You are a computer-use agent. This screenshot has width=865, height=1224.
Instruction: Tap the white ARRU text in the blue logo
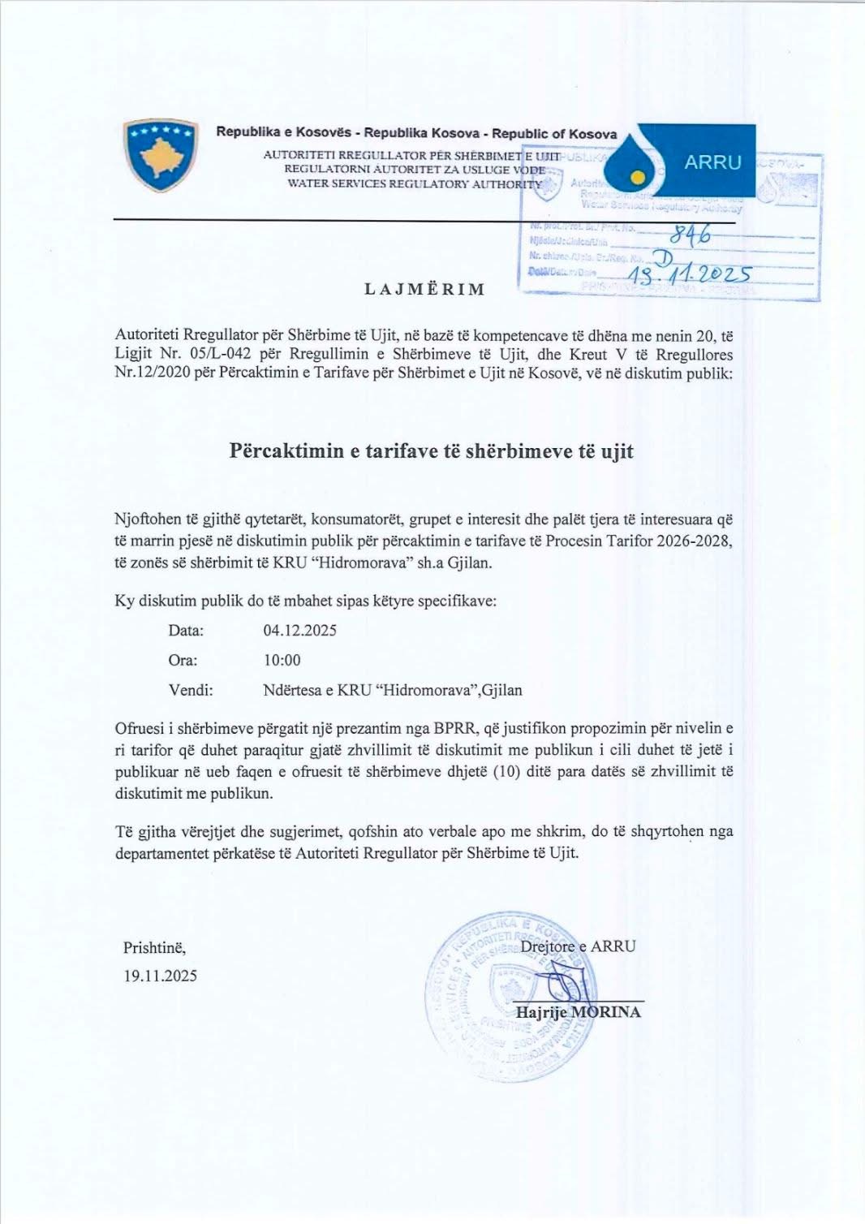[712, 162]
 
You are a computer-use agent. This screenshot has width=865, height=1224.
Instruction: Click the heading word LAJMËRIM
[424, 290]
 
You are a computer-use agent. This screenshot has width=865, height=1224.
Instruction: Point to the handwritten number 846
[690, 235]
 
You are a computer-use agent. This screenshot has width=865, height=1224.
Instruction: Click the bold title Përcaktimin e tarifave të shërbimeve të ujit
[431, 451]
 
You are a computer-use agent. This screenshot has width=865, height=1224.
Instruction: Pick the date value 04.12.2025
[299, 631]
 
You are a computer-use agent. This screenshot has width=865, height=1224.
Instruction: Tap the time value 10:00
[282, 661]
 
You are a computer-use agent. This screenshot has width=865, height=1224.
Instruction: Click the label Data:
[186, 631]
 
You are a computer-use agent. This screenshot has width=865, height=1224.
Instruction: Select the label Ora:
[183, 661]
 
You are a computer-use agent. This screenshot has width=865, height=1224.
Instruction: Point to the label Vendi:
[191, 691]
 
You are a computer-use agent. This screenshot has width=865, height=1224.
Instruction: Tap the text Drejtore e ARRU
[578, 946]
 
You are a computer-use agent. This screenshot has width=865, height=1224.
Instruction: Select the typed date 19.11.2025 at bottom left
[160, 976]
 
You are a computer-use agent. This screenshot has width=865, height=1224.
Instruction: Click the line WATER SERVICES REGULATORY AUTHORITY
[415, 184]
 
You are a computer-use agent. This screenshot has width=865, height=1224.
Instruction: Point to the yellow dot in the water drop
[639, 176]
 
